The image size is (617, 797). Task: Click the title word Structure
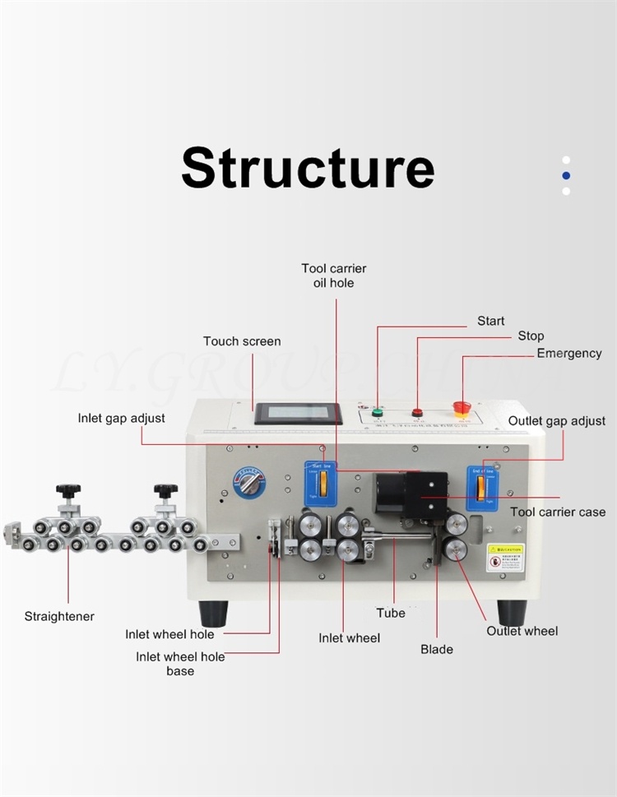(x=308, y=168)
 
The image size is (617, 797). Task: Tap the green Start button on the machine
(x=378, y=412)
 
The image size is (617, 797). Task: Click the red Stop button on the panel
(x=417, y=411)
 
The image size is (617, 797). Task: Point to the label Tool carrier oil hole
(x=334, y=276)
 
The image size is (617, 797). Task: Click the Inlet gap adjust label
(x=122, y=418)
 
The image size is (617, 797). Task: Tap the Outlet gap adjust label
(x=557, y=420)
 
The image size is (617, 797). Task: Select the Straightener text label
(x=59, y=616)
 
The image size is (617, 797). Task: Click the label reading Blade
(x=437, y=649)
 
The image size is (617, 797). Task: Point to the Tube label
(x=391, y=613)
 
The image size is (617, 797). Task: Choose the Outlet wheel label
(x=522, y=631)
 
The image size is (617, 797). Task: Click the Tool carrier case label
(x=558, y=512)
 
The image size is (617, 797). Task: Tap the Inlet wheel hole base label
(x=180, y=664)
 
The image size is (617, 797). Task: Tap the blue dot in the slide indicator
(x=566, y=175)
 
